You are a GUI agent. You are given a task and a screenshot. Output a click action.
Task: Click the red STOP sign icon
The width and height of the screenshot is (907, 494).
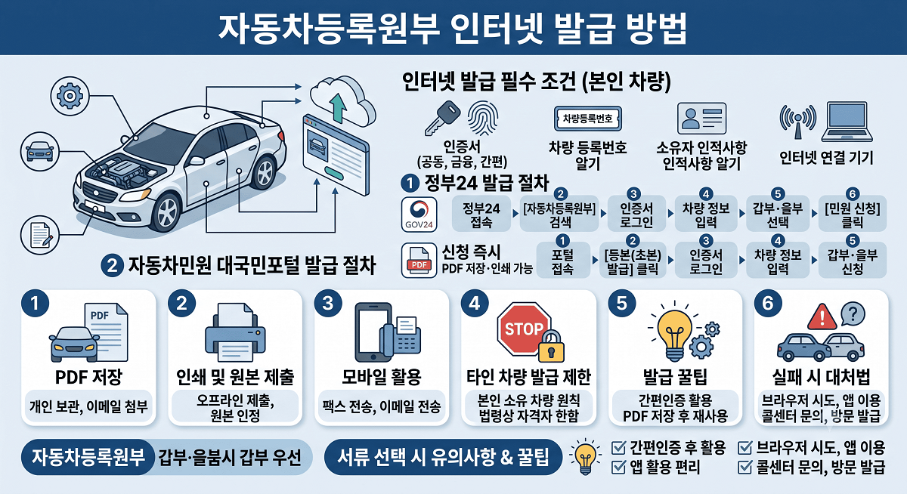coord(524,329)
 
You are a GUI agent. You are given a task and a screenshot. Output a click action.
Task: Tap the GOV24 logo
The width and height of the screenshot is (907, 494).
coord(419,215)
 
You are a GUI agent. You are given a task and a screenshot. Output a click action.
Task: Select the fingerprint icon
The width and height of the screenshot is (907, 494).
coord(482,118)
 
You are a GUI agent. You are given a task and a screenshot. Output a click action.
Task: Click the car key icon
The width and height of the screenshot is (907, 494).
coord(442,118)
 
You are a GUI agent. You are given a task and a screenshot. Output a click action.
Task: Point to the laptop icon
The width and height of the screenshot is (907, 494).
coord(847,122)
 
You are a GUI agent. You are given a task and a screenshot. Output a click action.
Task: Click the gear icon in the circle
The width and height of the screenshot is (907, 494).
coord(70,96)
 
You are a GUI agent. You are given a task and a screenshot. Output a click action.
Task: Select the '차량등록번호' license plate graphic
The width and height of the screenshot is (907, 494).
coord(587,119)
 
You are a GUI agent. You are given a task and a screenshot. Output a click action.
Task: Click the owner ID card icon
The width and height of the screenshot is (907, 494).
coord(701,118)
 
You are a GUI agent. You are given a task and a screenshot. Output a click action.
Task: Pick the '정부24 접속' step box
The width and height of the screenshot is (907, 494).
coord(481,214)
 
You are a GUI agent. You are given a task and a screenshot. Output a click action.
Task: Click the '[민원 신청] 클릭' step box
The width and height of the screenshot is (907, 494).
coord(853,214)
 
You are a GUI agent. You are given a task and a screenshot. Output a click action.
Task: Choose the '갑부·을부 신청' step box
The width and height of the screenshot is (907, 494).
coord(853,261)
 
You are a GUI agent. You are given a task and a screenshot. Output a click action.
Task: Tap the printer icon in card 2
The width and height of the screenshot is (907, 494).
coord(235,332)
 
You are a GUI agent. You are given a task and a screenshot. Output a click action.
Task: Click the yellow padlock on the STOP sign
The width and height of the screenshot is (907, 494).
coord(551,346)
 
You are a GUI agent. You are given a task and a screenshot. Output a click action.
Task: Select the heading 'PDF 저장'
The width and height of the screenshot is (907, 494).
coord(88,377)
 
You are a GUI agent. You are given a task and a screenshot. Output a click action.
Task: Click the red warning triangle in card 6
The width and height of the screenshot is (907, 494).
coord(822,316)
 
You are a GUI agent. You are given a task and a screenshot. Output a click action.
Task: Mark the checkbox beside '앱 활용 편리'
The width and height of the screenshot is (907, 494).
coord(619,468)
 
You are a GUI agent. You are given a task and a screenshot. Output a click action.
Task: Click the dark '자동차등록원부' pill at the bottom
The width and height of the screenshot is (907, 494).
coord(88,457)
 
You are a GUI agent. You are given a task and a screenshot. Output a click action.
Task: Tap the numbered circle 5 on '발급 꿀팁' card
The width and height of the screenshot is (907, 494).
coord(622,304)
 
